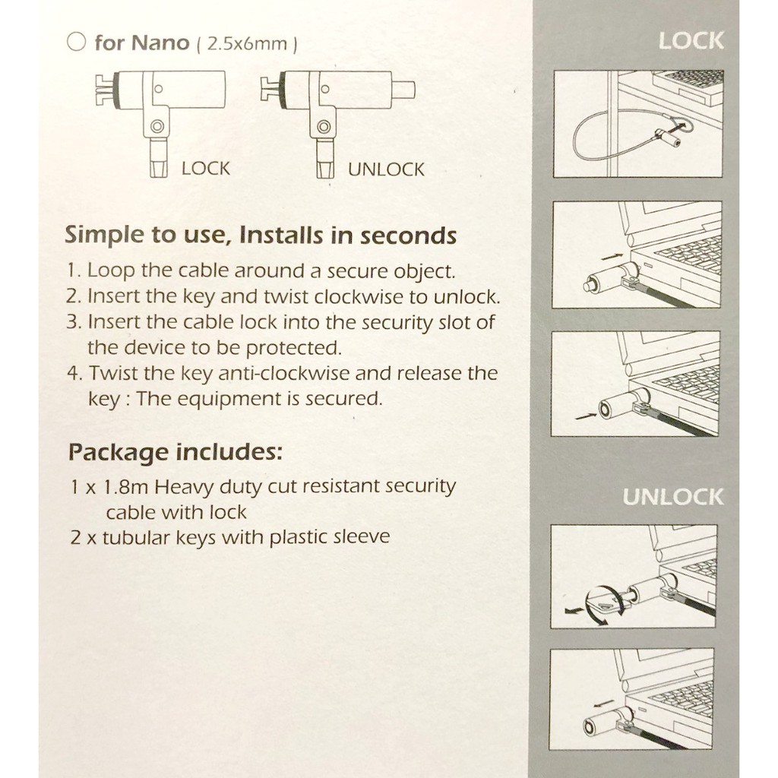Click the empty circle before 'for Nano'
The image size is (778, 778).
coord(77,43)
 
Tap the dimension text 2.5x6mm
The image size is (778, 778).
coord(247,44)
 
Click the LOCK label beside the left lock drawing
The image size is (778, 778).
coord(205,169)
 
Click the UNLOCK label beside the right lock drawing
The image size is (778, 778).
coord(386,169)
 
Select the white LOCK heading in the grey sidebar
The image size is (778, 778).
coord(691,41)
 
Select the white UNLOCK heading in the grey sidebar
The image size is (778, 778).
coord(673,497)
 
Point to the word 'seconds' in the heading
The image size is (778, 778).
coord(408,236)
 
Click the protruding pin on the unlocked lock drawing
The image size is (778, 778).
coord(406,90)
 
